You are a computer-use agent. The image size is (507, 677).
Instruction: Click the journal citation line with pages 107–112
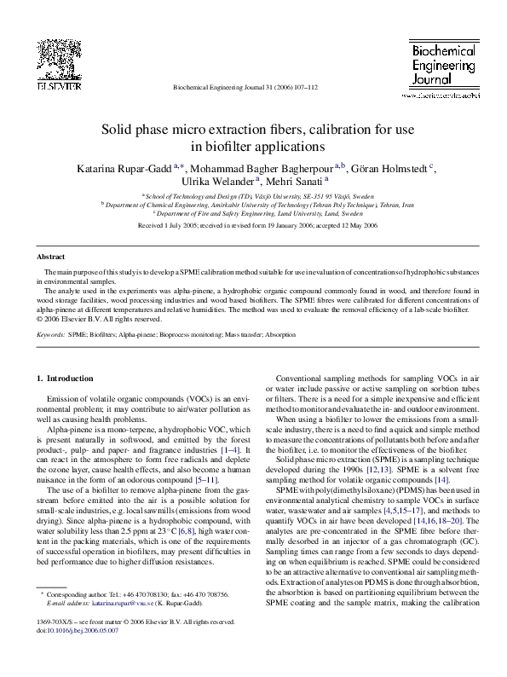(245, 87)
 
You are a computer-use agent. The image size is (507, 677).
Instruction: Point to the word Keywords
(50, 336)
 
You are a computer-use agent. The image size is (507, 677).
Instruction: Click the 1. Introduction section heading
(65, 378)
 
